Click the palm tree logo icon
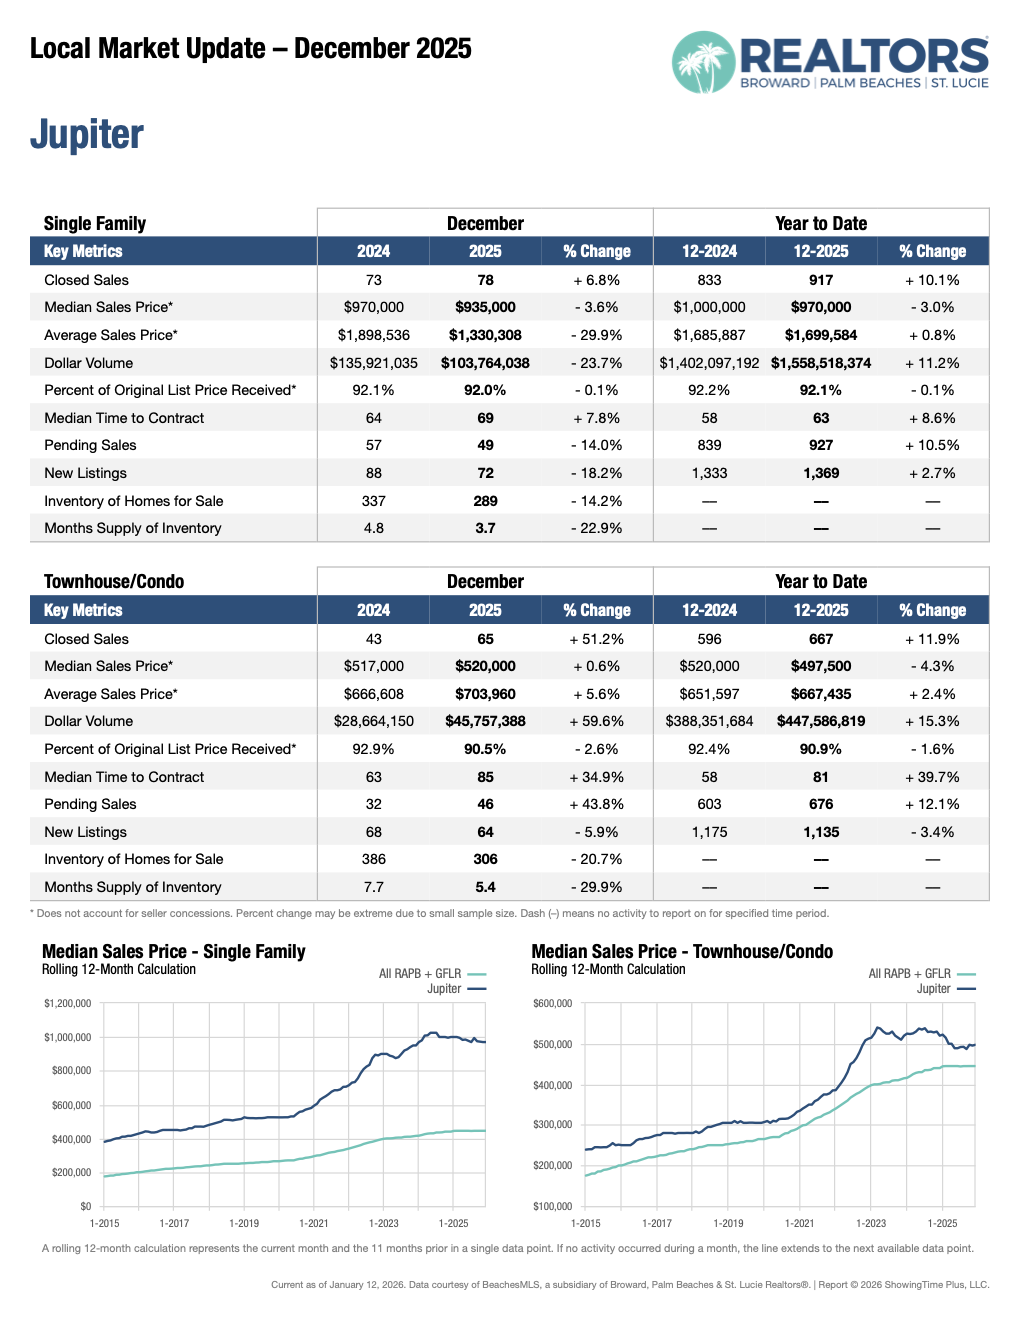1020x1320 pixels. click(704, 62)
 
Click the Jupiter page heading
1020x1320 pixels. click(87, 135)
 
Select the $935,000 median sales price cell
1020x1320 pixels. click(485, 307)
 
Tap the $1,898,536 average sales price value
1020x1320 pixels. click(373, 335)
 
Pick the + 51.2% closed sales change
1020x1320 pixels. click(596, 639)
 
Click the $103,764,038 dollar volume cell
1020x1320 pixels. click(485, 363)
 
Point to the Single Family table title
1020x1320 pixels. click(95, 223)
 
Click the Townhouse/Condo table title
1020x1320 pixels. click(114, 581)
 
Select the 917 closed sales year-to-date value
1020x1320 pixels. click(821, 280)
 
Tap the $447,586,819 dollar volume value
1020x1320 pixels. click(821, 721)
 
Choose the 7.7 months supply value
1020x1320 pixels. click(373, 887)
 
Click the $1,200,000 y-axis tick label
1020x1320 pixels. click(67, 1003)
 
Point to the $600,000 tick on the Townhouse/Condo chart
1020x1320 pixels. click(553, 1003)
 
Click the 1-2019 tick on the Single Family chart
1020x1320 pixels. click(244, 1223)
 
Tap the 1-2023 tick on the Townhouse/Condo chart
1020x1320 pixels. click(871, 1223)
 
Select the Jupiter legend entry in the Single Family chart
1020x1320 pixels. click(444, 988)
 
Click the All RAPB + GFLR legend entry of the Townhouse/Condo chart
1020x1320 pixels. click(909, 973)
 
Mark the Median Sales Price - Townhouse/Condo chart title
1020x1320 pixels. click(682, 951)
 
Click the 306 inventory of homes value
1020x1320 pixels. click(485, 859)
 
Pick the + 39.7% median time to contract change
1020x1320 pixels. click(932, 777)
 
